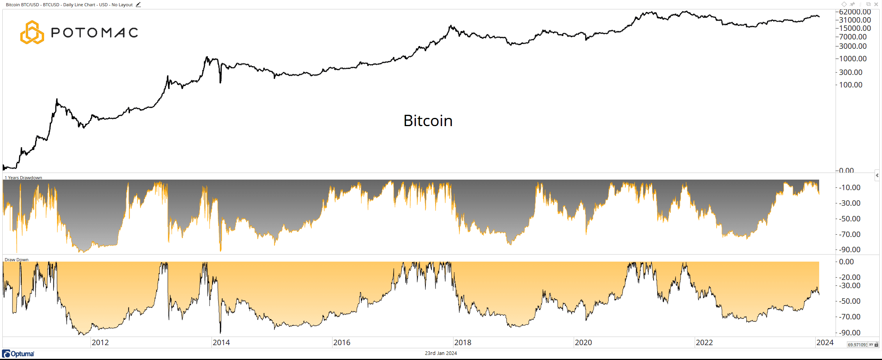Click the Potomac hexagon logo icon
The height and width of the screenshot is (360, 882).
[32, 32]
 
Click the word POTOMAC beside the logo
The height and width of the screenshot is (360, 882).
[95, 33]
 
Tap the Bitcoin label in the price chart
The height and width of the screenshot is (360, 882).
[428, 121]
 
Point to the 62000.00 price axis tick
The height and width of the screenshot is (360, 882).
[855, 12]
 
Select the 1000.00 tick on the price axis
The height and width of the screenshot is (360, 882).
[853, 59]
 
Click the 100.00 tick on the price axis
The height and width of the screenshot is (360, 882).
[851, 85]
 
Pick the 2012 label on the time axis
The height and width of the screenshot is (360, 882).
[100, 342]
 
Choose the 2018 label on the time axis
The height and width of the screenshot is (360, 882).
[462, 342]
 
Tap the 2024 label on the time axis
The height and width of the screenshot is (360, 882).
[825, 342]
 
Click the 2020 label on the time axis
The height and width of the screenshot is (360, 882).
[583, 342]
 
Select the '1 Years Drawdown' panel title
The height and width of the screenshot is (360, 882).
[23, 178]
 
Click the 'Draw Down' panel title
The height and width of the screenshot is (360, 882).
[16, 260]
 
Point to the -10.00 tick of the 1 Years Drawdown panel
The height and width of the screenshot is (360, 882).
[850, 188]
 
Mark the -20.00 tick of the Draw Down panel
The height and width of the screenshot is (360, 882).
[850, 278]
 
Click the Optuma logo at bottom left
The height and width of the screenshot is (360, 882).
[18, 354]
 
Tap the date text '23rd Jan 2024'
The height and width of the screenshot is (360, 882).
[441, 353]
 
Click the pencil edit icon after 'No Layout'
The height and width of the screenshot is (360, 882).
[138, 5]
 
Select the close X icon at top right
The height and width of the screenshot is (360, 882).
[876, 4]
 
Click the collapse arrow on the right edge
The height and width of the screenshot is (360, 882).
[877, 176]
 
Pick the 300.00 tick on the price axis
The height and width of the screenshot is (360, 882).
[851, 73]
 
